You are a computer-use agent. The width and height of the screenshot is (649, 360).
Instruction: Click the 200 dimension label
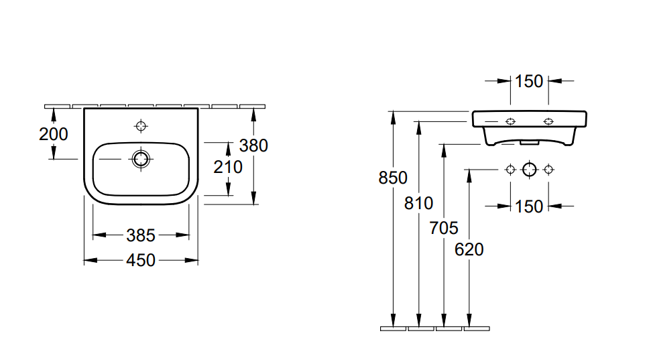tap(54, 134)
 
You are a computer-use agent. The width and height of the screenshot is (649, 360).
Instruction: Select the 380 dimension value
tap(254, 145)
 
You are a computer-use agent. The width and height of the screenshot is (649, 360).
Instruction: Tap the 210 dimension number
tap(228, 166)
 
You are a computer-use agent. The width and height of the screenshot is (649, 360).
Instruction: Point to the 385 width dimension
tap(141, 235)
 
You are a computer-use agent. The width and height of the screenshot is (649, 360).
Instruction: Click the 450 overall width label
tap(141, 260)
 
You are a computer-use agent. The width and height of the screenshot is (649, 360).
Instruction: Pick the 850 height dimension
tap(393, 178)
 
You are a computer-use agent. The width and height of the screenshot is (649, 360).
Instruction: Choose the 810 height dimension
tap(418, 202)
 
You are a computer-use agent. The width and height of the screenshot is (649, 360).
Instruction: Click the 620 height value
tap(469, 249)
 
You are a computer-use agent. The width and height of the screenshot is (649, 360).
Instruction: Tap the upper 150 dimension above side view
tap(529, 81)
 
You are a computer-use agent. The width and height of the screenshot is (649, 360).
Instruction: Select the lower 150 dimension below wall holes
tap(529, 206)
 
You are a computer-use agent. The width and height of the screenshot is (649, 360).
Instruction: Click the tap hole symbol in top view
tap(141, 125)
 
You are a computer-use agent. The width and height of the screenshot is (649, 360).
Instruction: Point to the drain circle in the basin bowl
tap(141, 159)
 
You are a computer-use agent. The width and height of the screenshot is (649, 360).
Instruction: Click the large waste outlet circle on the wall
tap(529, 169)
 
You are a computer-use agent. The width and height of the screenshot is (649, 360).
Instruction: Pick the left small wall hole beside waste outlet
tap(510, 169)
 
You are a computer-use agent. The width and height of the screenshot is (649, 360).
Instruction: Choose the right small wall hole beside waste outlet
tap(548, 169)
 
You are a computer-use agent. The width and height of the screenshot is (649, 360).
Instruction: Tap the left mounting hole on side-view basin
tap(510, 121)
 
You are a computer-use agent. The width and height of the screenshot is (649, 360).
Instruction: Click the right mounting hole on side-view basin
tap(548, 121)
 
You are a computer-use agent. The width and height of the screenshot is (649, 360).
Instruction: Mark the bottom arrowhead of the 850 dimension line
tap(393, 321)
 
